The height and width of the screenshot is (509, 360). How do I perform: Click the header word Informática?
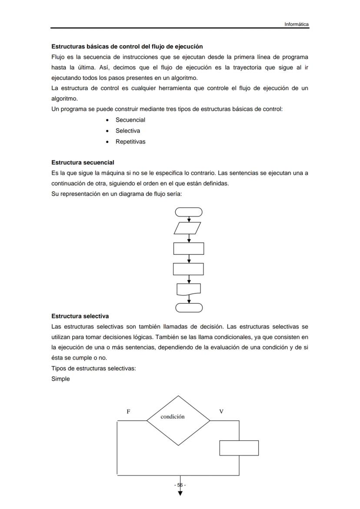[297, 24]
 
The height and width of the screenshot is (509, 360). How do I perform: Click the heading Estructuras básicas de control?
[127, 46]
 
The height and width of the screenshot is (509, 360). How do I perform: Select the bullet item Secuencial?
[130, 120]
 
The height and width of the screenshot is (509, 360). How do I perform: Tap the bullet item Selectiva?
[127, 131]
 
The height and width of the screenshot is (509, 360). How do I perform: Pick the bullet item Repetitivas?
[130, 142]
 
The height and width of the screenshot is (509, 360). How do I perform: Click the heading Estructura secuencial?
[83, 163]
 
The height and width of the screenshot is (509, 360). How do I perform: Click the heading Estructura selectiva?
[80, 316]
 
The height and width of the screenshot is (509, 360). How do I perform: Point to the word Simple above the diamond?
[60, 379]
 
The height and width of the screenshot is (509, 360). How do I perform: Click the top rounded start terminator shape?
[189, 212]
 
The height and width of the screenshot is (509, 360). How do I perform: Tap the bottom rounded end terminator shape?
[189, 308]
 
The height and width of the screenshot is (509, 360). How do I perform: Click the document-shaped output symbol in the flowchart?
[189, 289]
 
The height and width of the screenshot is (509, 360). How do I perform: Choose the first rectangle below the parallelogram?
[189, 249]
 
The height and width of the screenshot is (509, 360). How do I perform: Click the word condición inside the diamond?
[173, 416]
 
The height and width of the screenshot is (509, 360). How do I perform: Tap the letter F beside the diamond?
[128, 411]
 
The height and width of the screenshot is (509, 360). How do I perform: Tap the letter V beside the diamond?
[221, 411]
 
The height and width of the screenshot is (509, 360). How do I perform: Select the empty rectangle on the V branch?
[239, 448]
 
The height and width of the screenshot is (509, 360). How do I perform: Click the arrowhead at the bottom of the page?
[180, 493]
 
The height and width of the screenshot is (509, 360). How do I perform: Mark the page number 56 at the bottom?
[180, 485]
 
